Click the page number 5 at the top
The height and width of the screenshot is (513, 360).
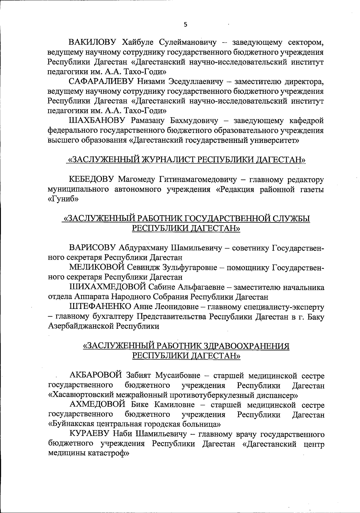click(x=185, y=25)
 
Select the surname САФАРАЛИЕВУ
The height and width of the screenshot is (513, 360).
click(x=101, y=82)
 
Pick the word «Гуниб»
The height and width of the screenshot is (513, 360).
click(x=63, y=199)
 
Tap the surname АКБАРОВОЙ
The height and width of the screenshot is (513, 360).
click(x=95, y=376)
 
